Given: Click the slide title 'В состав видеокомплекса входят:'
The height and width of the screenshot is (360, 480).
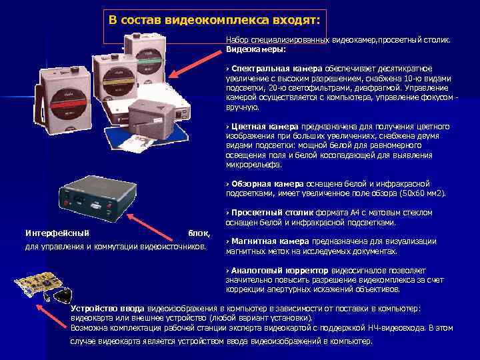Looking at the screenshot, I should tap(215, 19).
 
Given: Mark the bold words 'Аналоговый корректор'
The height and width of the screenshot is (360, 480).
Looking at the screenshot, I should tap(279, 271).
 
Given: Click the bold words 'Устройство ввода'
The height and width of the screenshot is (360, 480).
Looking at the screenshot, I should tap(107, 309).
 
